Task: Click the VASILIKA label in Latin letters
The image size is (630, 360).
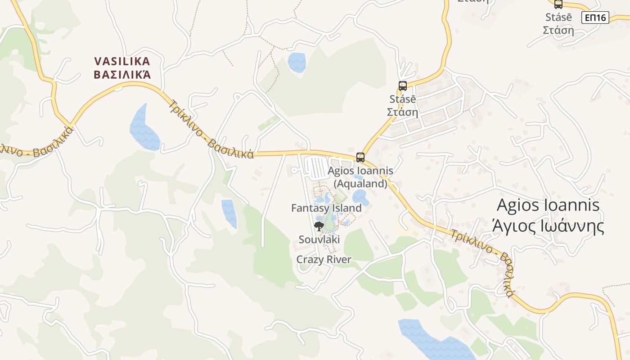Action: [122, 61]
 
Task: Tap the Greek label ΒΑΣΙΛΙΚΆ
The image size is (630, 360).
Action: [122, 74]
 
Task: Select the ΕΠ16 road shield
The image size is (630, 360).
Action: [595, 18]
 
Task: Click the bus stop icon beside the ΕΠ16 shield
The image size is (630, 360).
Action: [558, 4]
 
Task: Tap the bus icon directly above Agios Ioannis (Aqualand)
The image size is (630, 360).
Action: [360, 157]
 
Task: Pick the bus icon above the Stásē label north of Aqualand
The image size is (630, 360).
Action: [403, 85]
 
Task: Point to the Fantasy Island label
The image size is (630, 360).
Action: [326, 208]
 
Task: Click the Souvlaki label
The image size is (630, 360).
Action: [319, 239]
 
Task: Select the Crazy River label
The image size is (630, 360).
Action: [324, 260]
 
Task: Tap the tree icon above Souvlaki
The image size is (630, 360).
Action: [319, 226]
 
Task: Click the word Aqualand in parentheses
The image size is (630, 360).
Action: [360, 184]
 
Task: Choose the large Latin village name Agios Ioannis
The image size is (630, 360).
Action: [548, 205]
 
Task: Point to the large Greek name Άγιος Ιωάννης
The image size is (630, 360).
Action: [548, 226]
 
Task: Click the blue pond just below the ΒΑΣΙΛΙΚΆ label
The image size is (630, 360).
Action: [144, 128]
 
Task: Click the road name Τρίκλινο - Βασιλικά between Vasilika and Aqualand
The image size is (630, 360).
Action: [211, 130]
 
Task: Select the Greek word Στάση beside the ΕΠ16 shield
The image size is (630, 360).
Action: [558, 30]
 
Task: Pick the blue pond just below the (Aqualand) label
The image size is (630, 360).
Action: [360, 196]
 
